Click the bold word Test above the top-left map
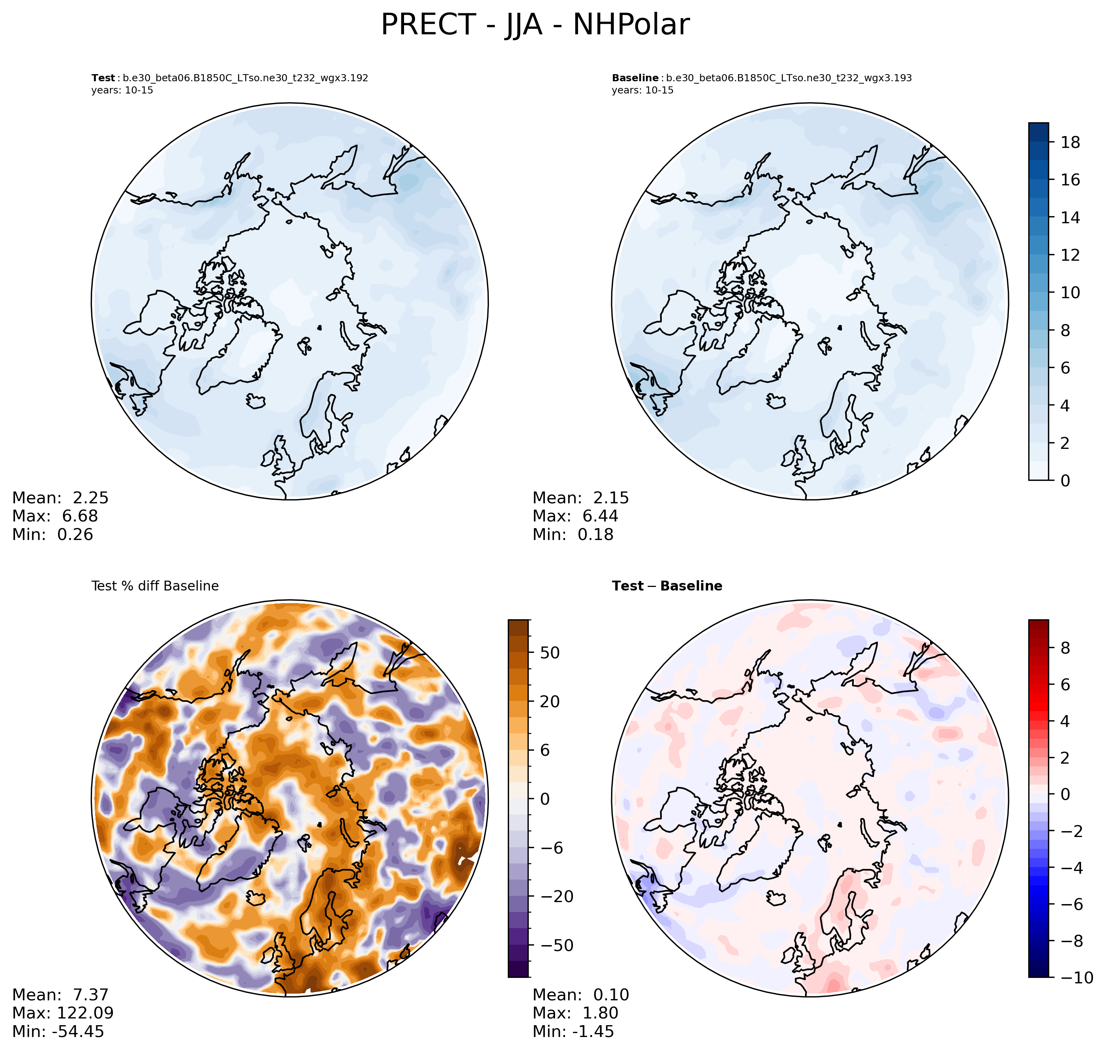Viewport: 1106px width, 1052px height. (103, 78)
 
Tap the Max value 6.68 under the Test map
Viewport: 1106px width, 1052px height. (80, 516)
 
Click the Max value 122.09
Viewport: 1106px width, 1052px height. (85, 1013)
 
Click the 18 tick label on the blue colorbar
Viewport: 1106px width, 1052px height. (1070, 142)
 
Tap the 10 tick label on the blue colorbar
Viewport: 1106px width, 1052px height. (1070, 293)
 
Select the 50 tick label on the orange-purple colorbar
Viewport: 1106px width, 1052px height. (549, 653)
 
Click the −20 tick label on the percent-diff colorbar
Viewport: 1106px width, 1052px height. (552, 897)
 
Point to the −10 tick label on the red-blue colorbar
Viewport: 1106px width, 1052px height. (1074, 978)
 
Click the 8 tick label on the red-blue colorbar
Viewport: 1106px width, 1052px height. (1065, 648)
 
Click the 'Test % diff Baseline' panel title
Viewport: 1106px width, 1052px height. (155, 586)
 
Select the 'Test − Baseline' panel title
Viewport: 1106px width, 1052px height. (667, 586)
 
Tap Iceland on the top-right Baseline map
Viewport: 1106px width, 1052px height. (776, 401)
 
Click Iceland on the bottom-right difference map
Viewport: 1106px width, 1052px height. (776, 898)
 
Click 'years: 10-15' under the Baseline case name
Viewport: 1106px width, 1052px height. (642, 90)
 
